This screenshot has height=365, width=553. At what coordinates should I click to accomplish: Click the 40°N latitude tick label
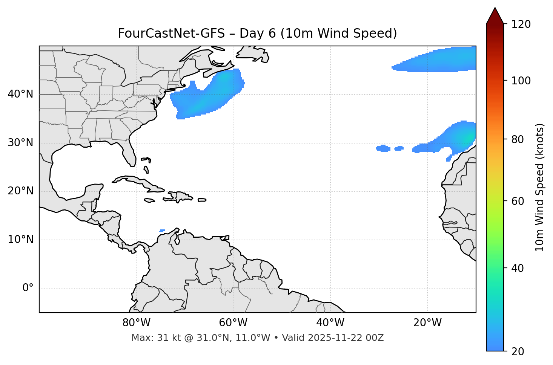pyautogui.click(x=20, y=94)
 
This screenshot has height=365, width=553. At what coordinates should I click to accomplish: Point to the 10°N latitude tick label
pyautogui.click(x=20, y=240)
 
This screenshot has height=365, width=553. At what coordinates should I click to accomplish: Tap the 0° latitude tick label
pyautogui.click(x=28, y=288)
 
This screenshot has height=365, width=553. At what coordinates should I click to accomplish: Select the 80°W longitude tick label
pyautogui.click(x=136, y=323)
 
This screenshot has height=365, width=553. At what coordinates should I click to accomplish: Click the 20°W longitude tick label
pyautogui.click(x=427, y=323)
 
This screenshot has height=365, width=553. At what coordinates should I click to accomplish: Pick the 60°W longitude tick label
pyautogui.click(x=233, y=323)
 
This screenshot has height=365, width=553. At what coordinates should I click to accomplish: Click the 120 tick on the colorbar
pyautogui.click(x=521, y=24)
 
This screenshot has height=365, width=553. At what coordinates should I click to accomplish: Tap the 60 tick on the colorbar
pyautogui.click(x=518, y=201)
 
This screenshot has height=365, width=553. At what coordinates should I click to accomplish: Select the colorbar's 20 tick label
pyautogui.click(x=518, y=351)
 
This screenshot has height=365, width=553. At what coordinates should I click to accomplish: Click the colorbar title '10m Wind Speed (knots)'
pyautogui.click(x=540, y=187)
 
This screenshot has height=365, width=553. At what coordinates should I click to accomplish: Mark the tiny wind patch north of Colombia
pyautogui.click(x=162, y=231)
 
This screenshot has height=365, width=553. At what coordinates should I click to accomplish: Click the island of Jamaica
pyautogui.click(x=149, y=200)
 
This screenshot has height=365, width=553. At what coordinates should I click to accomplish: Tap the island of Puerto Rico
pyautogui.click(x=202, y=200)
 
